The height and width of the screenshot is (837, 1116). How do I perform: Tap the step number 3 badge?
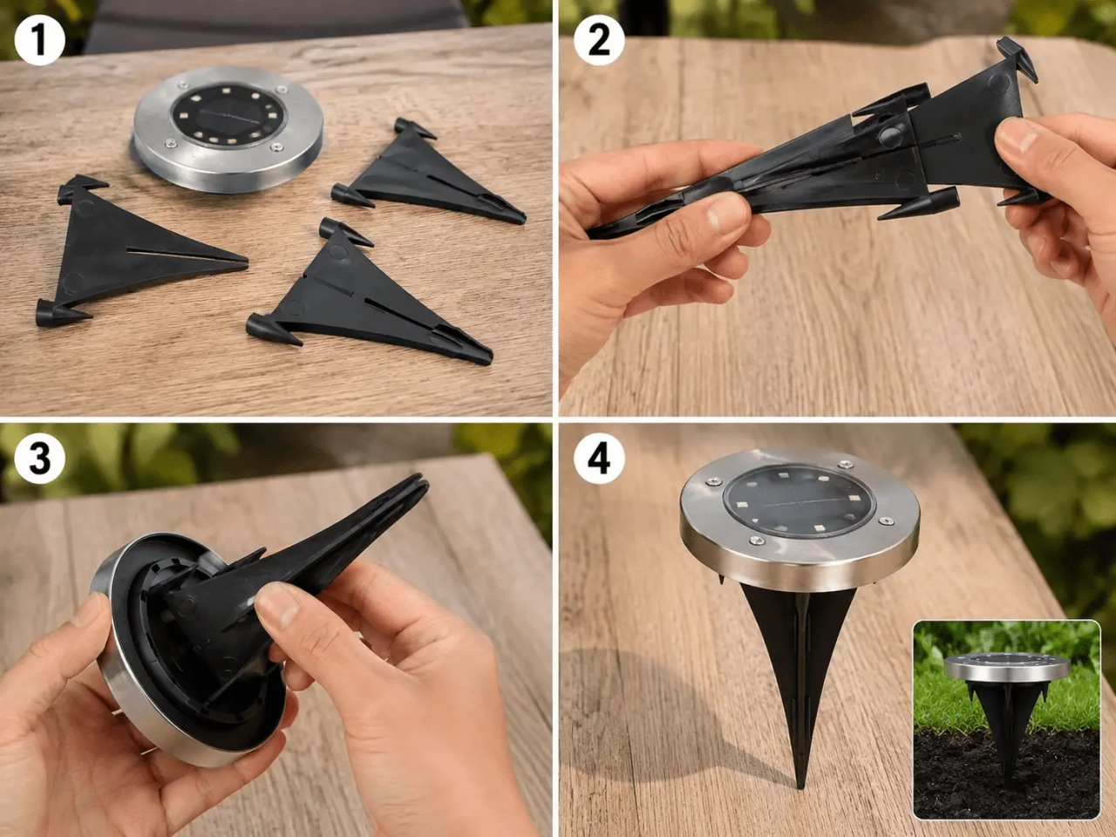39,459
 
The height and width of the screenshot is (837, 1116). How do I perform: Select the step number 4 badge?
599,459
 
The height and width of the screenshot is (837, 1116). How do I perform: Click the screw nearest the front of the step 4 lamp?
756,541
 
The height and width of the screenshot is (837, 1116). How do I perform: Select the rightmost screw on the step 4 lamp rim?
885,521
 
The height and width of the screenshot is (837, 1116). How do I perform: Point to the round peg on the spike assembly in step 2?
891,134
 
